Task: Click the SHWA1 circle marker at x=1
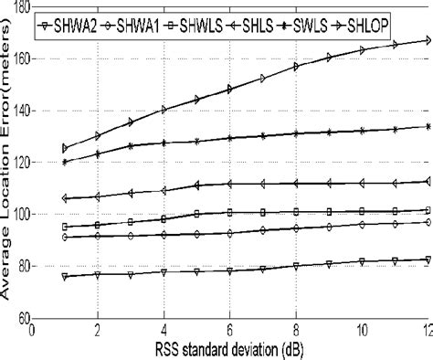click(65, 237)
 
